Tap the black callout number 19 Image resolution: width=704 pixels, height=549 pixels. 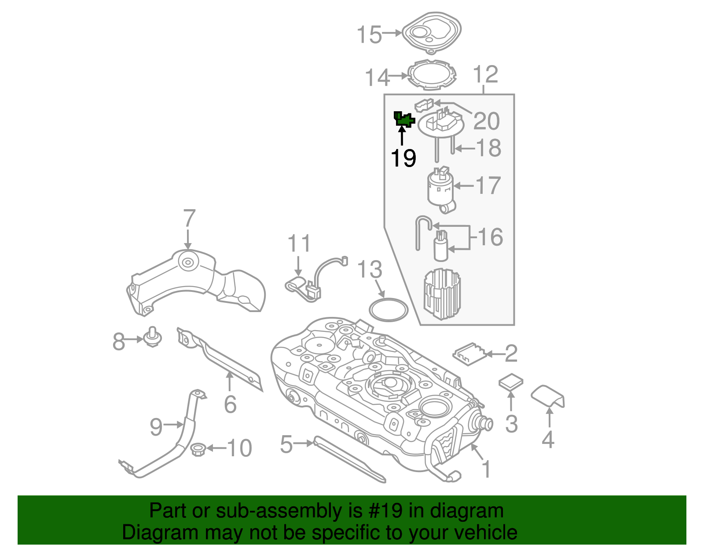[403, 158]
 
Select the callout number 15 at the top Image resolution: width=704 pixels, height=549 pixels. [369, 35]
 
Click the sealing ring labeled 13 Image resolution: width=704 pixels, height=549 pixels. [388, 309]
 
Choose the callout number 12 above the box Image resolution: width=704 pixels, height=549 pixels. [485, 74]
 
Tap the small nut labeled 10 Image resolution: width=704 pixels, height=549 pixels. [198, 449]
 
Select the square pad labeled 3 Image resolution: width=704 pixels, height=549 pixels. [511, 382]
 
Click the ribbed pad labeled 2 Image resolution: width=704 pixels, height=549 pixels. [469, 354]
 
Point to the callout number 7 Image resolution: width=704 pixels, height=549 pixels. [189, 218]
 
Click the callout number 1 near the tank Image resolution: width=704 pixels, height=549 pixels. [486, 469]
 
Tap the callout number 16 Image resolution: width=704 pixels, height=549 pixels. [490, 237]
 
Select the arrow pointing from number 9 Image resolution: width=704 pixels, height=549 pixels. [173, 425]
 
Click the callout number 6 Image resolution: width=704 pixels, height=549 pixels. [230, 404]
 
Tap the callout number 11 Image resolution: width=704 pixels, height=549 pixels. [299, 243]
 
